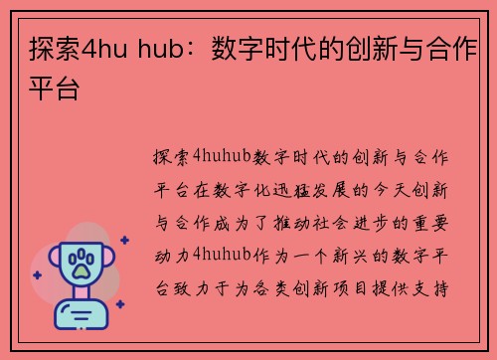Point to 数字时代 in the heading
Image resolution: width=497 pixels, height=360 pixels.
pos(263,50)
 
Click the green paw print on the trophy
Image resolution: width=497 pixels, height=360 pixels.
pos(79,264)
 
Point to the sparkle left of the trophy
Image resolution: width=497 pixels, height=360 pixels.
pos(37,274)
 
